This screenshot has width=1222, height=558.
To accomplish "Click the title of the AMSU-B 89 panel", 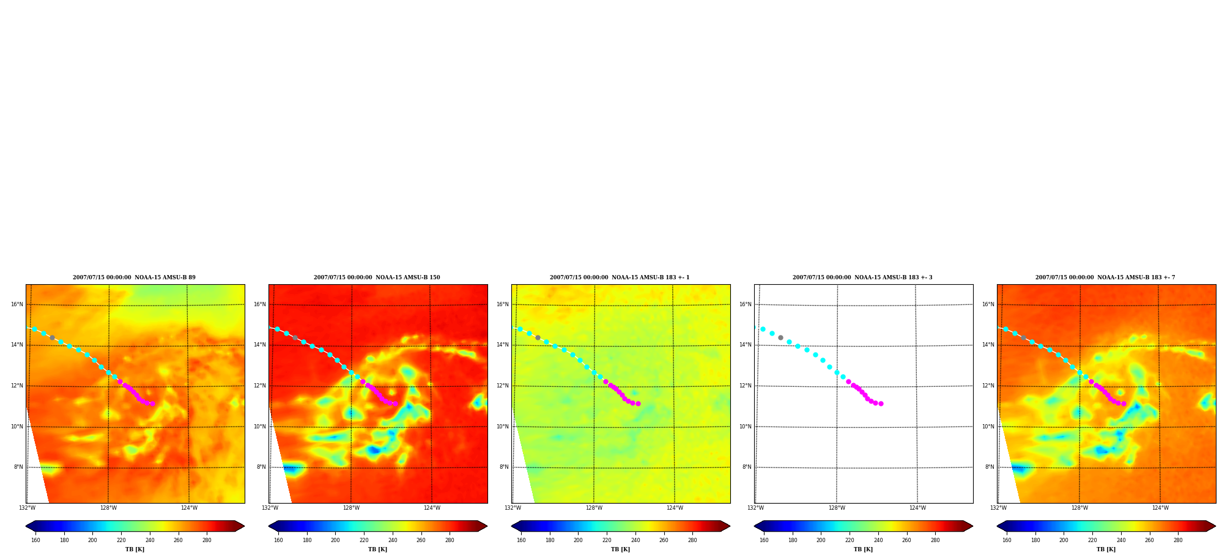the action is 134,277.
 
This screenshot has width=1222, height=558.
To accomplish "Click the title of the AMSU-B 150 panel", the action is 377,277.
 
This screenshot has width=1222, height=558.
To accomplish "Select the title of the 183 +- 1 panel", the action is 620,277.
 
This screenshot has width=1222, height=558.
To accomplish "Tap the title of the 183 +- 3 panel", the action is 862,277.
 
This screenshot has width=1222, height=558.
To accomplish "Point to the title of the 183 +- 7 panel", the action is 1105,277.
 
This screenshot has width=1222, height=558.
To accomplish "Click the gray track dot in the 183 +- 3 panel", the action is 780,337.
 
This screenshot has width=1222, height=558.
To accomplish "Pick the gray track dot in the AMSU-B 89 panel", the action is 52,337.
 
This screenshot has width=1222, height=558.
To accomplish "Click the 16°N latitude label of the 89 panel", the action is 17,304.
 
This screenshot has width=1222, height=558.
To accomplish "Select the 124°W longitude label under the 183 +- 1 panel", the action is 675,508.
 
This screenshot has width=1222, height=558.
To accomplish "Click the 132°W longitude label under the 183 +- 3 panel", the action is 755,508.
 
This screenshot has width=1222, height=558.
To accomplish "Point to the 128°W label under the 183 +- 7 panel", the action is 1079,508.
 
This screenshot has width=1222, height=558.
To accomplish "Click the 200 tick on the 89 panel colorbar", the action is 92,540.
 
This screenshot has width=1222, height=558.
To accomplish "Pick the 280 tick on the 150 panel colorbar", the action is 450,540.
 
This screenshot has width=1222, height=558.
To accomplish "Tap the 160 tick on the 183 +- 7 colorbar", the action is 1007,540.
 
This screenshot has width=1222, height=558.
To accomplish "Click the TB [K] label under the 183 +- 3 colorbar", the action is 863,549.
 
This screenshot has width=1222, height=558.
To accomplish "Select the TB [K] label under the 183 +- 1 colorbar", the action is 620,549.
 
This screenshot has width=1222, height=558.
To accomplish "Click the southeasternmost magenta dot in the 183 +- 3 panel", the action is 881,403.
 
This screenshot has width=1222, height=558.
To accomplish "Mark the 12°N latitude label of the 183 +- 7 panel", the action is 988,386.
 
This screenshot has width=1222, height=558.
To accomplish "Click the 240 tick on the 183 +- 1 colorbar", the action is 635,540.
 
